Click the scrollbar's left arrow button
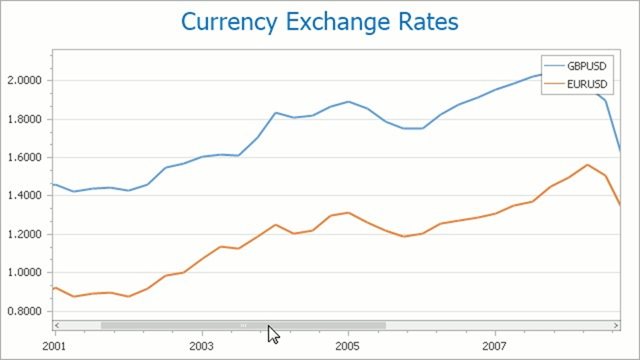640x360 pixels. [x=57, y=326]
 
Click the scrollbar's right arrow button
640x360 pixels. [x=616, y=326]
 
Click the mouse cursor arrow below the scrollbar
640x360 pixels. [x=273, y=334]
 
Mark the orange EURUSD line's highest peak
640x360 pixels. [x=588, y=165]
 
